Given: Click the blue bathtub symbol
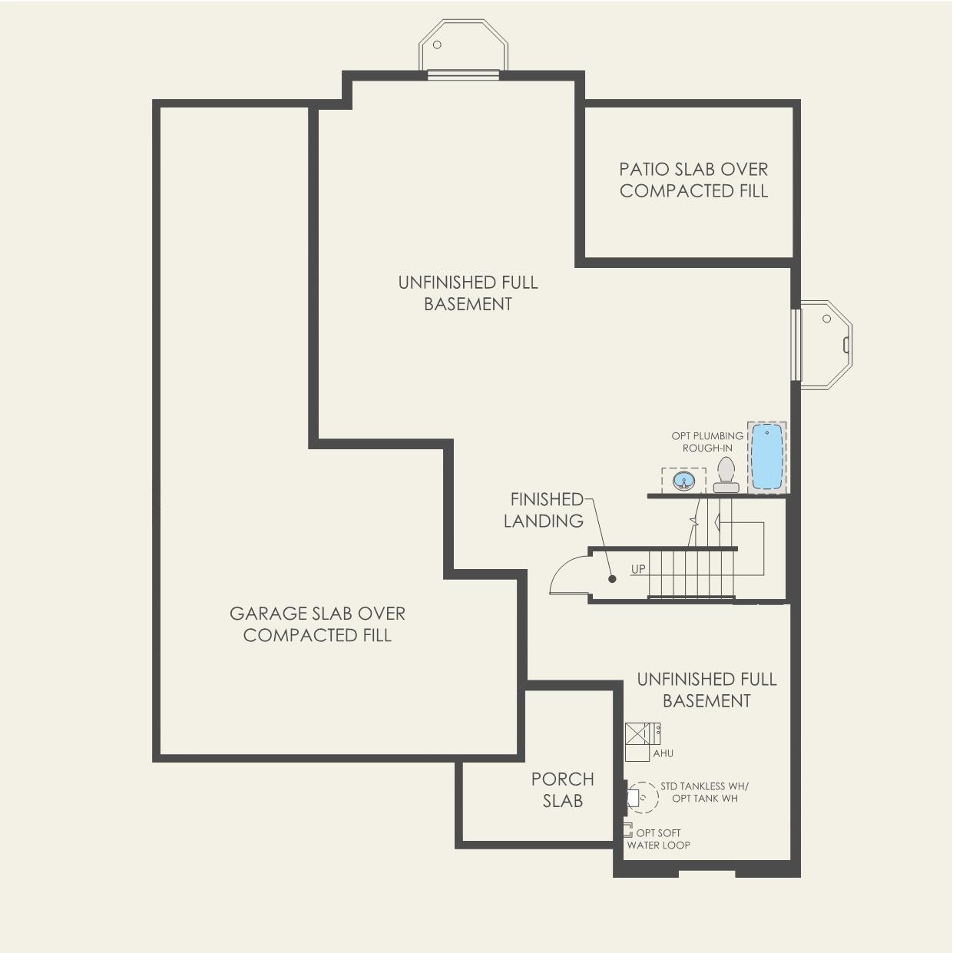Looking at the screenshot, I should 766,456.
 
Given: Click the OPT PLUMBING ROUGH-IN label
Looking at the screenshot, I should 707,442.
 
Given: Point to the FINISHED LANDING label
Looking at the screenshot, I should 544,510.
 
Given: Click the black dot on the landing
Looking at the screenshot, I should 612,579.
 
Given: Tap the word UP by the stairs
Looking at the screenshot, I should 638,569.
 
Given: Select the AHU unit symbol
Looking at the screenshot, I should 639,734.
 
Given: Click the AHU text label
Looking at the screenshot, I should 663,754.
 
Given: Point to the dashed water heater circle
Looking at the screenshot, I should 644,797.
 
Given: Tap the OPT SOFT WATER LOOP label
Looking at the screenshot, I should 658,839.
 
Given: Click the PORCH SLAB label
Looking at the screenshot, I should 563,789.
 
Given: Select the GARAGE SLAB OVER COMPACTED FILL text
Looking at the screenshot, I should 317,624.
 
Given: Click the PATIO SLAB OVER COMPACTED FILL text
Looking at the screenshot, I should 693,180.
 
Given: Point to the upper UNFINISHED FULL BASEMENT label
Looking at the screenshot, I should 468,293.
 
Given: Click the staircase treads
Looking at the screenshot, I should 690,574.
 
